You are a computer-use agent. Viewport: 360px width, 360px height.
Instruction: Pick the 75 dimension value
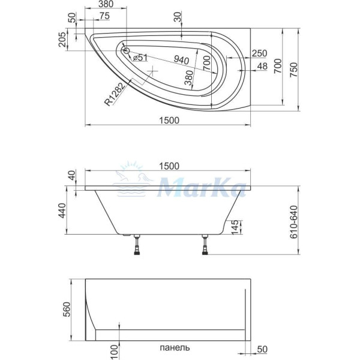click(104, 16)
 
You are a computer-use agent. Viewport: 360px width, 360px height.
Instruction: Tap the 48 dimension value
click(262, 66)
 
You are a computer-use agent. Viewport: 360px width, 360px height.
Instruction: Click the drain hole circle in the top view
click(127, 50)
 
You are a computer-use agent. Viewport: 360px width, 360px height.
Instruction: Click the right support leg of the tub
click(206, 246)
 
